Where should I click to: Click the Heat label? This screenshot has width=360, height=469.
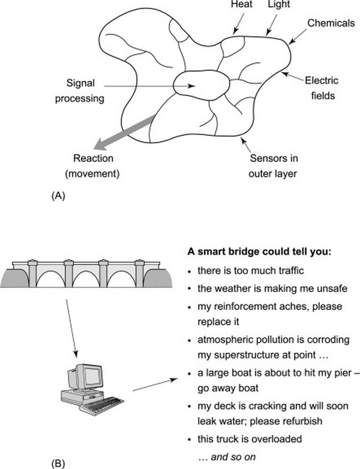click(242, 4)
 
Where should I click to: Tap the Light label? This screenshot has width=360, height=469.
click(279, 4)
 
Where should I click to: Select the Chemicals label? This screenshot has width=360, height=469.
click(331, 23)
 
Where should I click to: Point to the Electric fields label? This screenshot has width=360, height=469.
click(322, 88)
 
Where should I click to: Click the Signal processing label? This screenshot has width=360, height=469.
click(80, 91)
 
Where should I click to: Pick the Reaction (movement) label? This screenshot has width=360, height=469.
click(93, 166)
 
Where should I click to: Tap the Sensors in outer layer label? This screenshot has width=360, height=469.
click(274, 166)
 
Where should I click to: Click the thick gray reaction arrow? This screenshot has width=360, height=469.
click(124, 132)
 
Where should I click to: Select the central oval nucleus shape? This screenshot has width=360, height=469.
click(202, 85)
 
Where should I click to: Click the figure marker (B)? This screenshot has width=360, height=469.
click(58, 463)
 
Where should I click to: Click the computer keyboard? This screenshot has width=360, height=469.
click(102, 406)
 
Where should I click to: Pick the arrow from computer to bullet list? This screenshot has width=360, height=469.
click(155, 385)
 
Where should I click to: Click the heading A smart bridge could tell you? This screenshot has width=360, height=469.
click(259, 252)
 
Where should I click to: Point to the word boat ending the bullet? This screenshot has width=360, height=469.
click(247, 388)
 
